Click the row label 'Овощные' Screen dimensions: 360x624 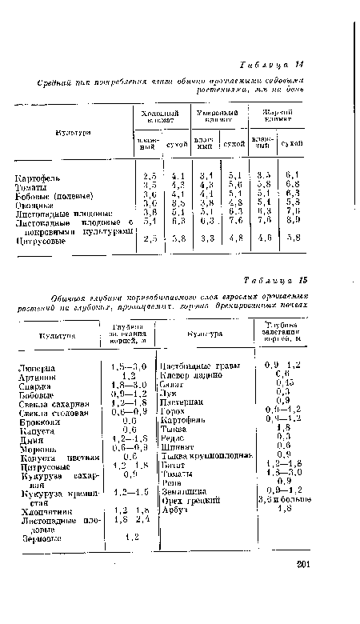pos(33,204)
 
